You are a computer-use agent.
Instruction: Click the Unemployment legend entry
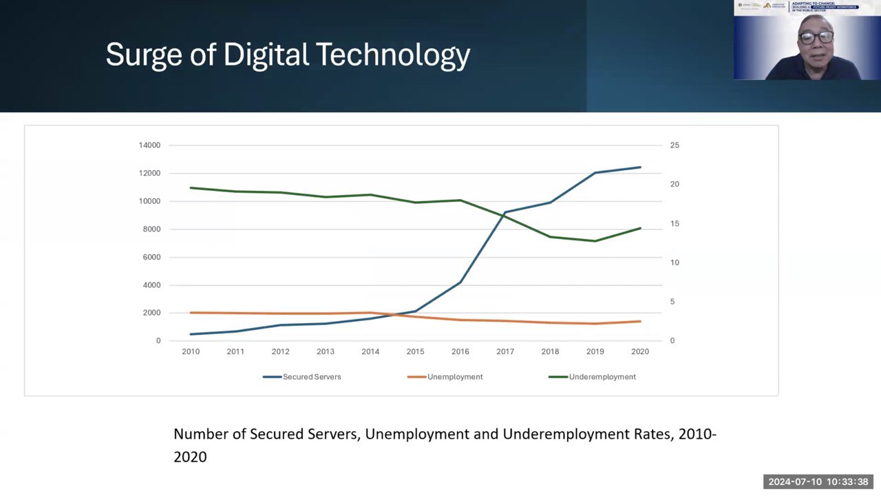pos(454,377)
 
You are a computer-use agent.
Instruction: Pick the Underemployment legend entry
pos(602,377)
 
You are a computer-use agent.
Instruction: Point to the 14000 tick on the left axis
pos(149,145)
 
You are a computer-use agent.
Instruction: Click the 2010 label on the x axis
pos(191,352)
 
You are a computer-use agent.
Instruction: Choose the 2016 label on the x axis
pos(460,352)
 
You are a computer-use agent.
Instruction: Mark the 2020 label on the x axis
pos(640,352)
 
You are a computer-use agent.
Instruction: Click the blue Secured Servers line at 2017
pos(505,212)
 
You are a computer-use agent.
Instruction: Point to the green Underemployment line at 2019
pos(595,241)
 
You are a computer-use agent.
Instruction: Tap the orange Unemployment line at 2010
pos(191,313)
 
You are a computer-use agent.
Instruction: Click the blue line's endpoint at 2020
pos(640,167)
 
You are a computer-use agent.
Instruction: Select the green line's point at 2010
pos(191,188)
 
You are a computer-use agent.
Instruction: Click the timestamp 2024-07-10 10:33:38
pos(818,482)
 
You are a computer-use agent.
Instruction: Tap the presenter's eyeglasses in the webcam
pos(816,37)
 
